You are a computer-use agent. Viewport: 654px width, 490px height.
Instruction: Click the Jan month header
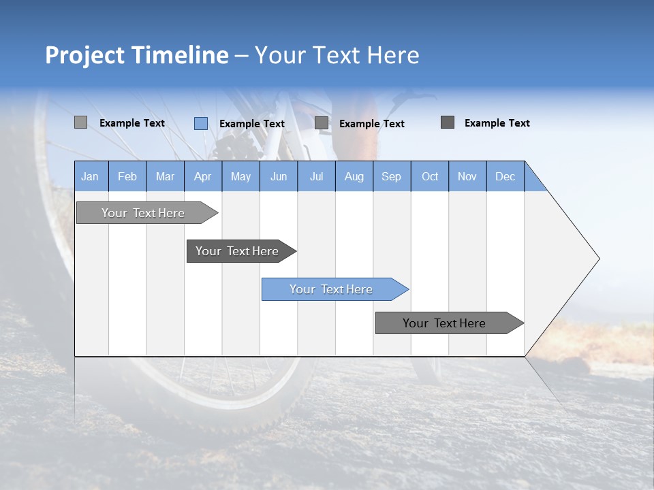point(90,176)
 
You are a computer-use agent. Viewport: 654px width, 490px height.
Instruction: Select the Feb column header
point(127,176)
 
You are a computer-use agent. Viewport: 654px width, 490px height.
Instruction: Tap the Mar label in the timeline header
point(165,176)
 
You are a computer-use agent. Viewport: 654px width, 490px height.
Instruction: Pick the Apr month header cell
point(202,176)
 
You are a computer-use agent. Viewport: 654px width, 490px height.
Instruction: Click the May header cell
point(240,176)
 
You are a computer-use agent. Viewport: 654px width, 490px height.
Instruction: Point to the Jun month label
point(279,176)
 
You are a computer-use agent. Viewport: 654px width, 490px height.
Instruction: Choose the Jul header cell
point(316,176)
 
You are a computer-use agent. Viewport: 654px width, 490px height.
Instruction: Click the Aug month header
point(354,176)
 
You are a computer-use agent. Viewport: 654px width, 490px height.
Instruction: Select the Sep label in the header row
point(391,176)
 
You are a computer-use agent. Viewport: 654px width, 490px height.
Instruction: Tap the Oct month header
point(430,176)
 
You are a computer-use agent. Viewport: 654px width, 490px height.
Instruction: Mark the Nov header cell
point(467,176)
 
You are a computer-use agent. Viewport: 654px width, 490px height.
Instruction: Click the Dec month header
point(505,176)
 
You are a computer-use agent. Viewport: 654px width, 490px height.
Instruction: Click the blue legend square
point(201,123)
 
